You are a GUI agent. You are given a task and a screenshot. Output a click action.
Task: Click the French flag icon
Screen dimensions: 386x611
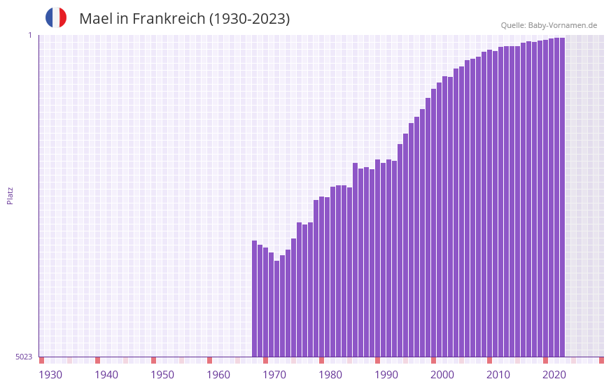[x=56, y=17]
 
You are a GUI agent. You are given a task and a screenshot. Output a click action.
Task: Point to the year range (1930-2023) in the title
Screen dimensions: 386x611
[x=249, y=19]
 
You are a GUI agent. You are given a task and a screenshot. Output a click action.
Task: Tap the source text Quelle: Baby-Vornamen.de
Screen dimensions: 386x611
[x=549, y=25]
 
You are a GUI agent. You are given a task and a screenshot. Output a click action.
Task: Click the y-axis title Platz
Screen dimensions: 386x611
[x=10, y=195]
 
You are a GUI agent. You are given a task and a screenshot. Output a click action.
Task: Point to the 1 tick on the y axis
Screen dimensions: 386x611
[x=29, y=35]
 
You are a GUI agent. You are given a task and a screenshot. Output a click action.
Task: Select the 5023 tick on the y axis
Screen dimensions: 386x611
[x=24, y=357]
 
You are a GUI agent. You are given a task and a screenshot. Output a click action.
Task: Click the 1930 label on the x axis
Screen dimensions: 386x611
[x=50, y=375]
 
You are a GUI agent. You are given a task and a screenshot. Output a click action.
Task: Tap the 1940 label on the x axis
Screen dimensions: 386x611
[x=106, y=375]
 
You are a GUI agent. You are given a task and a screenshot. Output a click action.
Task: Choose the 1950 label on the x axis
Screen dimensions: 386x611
[x=162, y=375]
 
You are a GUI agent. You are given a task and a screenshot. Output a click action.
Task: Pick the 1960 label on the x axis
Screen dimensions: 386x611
[x=218, y=375]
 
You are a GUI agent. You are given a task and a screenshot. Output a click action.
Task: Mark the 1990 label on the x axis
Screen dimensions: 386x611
[x=386, y=375]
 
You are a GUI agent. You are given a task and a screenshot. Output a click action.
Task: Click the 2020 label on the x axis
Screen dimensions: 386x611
[x=554, y=375]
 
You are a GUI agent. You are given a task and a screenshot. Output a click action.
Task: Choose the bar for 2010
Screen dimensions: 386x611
[x=490, y=203]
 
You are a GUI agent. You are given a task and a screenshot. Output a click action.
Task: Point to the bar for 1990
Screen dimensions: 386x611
[x=378, y=258]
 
